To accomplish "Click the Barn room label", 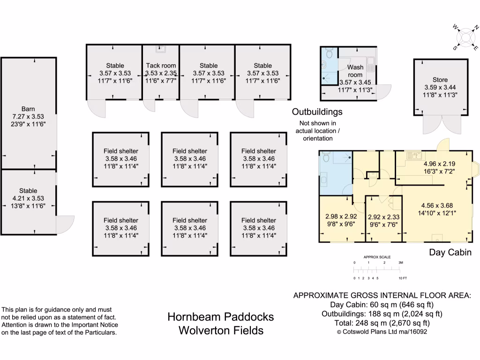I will [x=28, y=109].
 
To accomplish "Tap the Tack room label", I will [x=161, y=66].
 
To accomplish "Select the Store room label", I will [x=440, y=80].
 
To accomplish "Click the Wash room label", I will [x=355, y=71].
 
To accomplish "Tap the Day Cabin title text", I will [x=450, y=253].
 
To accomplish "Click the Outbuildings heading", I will [x=317, y=112].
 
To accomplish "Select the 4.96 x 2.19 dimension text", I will [x=439, y=164].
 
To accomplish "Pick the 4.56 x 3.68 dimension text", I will [x=437, y=205].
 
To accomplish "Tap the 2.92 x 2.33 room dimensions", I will [x=383, y=217].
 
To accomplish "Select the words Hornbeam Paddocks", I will [x=220, y=317].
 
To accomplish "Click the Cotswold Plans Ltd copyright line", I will [x=382, y=331].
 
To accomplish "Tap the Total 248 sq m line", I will [x=382, y=322].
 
